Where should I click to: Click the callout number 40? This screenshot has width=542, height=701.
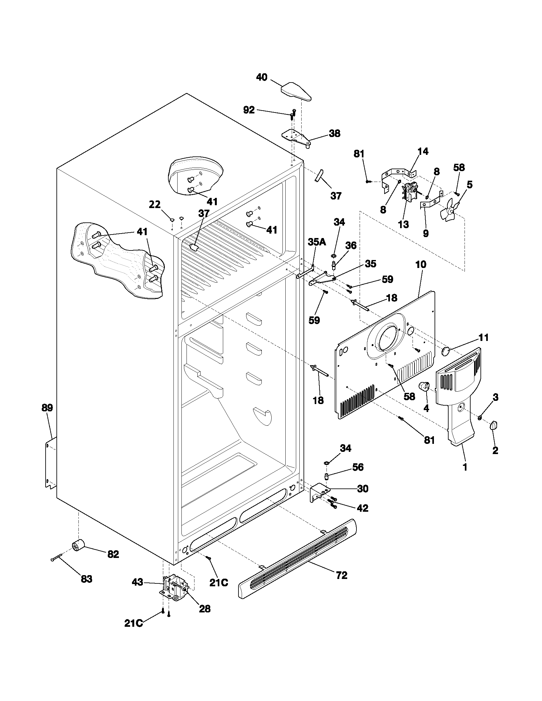(262, 77)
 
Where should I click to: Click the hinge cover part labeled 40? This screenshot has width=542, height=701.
(296, 91)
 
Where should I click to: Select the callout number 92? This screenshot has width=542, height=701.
(249, 110)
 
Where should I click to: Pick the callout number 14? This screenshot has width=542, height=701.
(423, 151)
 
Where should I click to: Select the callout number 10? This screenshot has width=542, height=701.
(421, 264)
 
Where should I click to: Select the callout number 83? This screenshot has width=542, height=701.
(86, 579)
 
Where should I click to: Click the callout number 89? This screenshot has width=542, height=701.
(47, 408)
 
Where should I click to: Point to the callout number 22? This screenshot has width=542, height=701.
(155, 204)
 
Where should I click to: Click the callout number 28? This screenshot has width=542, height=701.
(205, 609)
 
